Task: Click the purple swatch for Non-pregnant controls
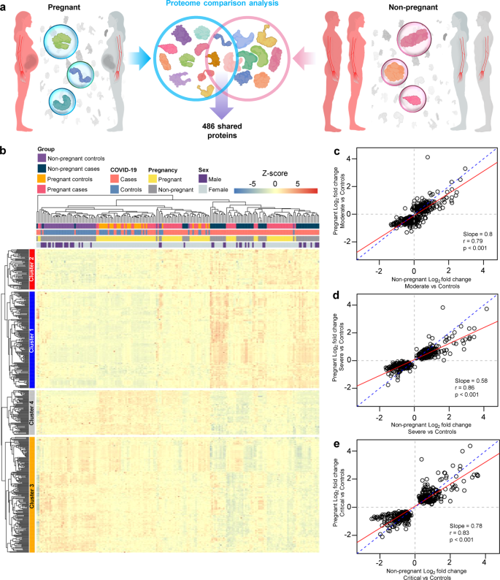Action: pos(42,159)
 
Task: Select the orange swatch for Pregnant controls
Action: pos(42,179)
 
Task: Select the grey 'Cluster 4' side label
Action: pos(31,413)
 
